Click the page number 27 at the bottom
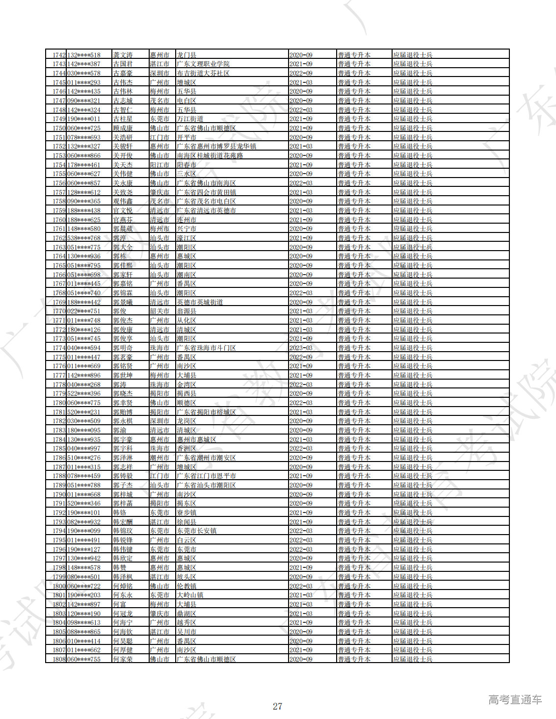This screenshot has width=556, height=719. [277, 706]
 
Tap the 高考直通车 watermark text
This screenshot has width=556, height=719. [515, 700]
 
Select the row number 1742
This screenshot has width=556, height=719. [59, 55]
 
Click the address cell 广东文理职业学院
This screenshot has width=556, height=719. [203, 64]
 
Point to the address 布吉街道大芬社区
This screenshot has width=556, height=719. [203, 74]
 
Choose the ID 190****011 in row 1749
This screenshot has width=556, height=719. [83, 119]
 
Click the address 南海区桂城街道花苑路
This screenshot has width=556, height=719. [210, 156]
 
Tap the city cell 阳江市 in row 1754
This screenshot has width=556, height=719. [159, 165]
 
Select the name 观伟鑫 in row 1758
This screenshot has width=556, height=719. [123, 202]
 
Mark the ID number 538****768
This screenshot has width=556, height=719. [83, 238]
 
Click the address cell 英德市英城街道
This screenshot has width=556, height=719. [200, 303]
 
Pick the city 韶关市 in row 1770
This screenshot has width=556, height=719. [159, 311]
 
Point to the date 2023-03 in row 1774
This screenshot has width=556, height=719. [301, 348]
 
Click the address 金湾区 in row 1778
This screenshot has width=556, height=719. [186, 385]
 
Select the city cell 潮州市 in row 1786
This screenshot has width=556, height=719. [159, 458]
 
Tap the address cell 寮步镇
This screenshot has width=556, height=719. [186, 513]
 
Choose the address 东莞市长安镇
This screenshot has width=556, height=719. [196, 531]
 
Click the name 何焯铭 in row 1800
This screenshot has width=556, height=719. [123, 586]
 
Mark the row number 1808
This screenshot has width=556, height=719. [59, 659]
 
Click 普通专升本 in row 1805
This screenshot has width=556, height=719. [354, 632]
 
